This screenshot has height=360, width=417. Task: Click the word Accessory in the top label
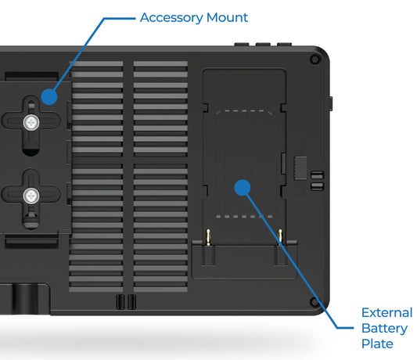[171, 17]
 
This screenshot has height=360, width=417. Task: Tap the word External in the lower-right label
[386, 313]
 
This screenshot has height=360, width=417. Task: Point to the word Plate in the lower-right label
[377, 344]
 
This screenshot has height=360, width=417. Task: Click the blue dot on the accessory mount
[49, 97]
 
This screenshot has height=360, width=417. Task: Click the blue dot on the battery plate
[242, 187]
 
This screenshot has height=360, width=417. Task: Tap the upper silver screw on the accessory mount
[31, 122]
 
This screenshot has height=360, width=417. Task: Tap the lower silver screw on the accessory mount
[31, 196]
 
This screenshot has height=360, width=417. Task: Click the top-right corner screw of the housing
[315, 59]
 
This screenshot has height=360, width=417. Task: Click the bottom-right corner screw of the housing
[315, 301]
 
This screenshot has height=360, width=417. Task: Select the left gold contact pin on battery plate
[209, 235]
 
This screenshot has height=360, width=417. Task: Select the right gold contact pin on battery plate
[279, 235]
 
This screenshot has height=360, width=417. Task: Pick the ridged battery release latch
[299, 167]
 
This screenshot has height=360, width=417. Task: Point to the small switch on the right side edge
[332, 102]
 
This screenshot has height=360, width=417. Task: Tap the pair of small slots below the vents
[125, 301]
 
